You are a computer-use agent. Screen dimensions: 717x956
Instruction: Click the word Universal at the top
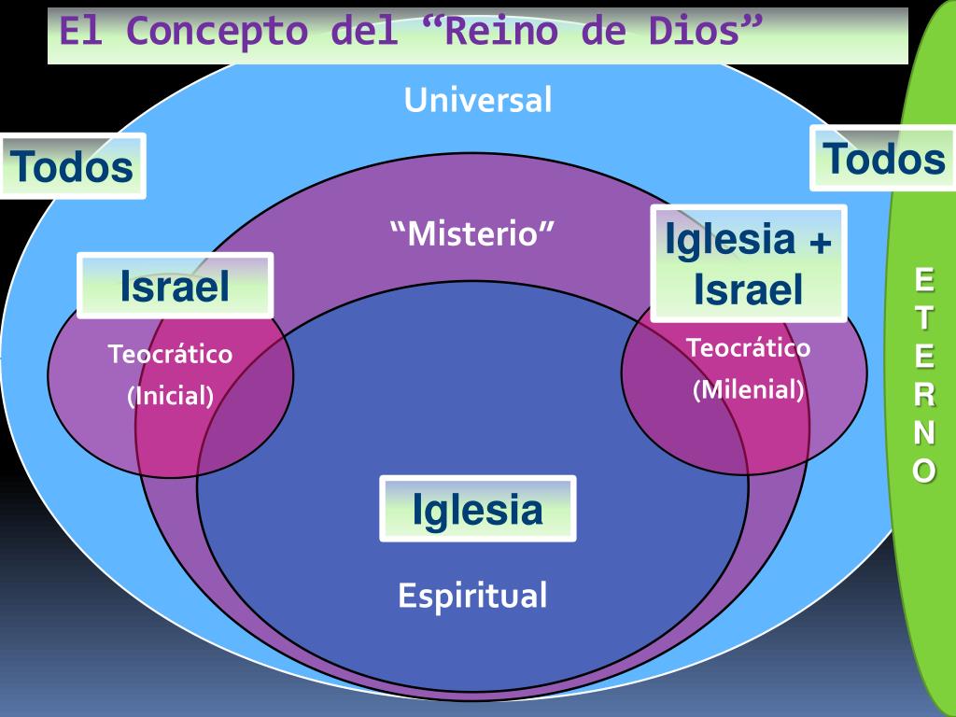point(478,99)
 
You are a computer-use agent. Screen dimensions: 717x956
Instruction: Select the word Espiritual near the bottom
point(472,595)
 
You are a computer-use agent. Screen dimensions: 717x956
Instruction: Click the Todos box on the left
point(73,166)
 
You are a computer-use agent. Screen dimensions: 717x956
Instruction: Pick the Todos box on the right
point(883,159)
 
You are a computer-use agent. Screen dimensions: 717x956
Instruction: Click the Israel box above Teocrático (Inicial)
point(175,285)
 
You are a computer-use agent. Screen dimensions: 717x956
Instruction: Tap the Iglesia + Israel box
point(748,263)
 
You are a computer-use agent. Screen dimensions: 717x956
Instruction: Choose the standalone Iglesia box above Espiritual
point(477,509)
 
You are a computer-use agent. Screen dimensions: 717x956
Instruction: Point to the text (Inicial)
point(171,396)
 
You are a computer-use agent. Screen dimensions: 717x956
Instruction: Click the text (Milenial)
point(748,389)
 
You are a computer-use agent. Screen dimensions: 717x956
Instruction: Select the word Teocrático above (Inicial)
point(170,355)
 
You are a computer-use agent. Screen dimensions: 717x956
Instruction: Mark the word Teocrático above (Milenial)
point(748,348)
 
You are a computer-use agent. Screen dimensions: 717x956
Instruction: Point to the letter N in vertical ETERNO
point(923,433)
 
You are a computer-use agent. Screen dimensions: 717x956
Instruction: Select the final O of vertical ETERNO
point(923,471)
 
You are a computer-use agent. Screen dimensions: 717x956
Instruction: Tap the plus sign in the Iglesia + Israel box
point(819,242)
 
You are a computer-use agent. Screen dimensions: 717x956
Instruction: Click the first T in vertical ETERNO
point(923,316)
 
